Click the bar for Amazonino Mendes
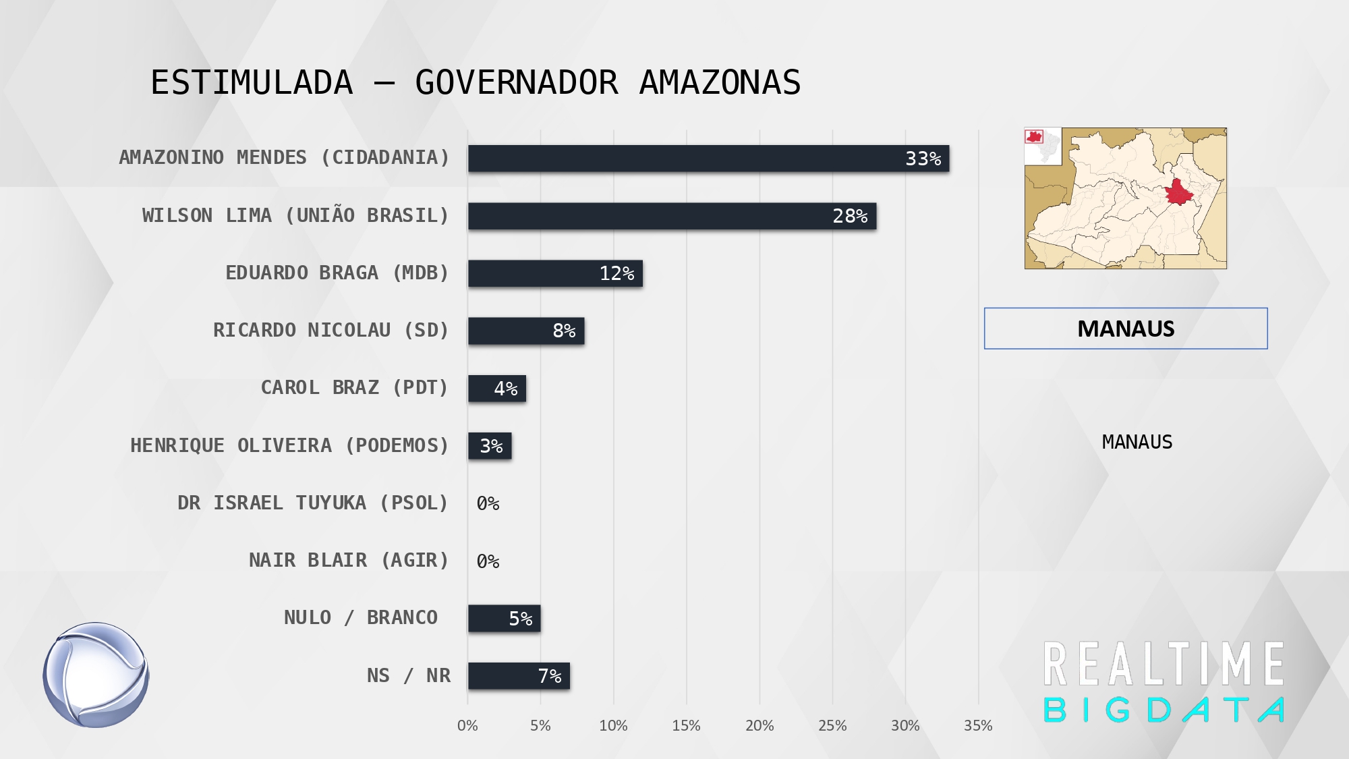point(708,159)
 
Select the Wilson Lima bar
point(672,216)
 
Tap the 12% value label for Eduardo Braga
point(616,273)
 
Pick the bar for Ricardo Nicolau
point(526,331)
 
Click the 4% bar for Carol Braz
point(497,389)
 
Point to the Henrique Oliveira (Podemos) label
point(289,445)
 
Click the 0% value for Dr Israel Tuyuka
point(488,503)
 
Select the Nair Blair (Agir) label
point(349,560)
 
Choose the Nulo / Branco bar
point(504,618)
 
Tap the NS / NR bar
point(519,675)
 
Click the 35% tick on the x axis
point(978,725)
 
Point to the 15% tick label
point(686,725)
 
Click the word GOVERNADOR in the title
point(516,82)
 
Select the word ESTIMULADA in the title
point(252,82)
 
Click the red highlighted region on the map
point(1178,192)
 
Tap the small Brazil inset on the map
point(1043,146)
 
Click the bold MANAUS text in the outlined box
point(1126,329)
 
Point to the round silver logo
point(96,675)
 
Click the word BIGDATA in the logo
point(1164,710)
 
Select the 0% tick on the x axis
point(467,725)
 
